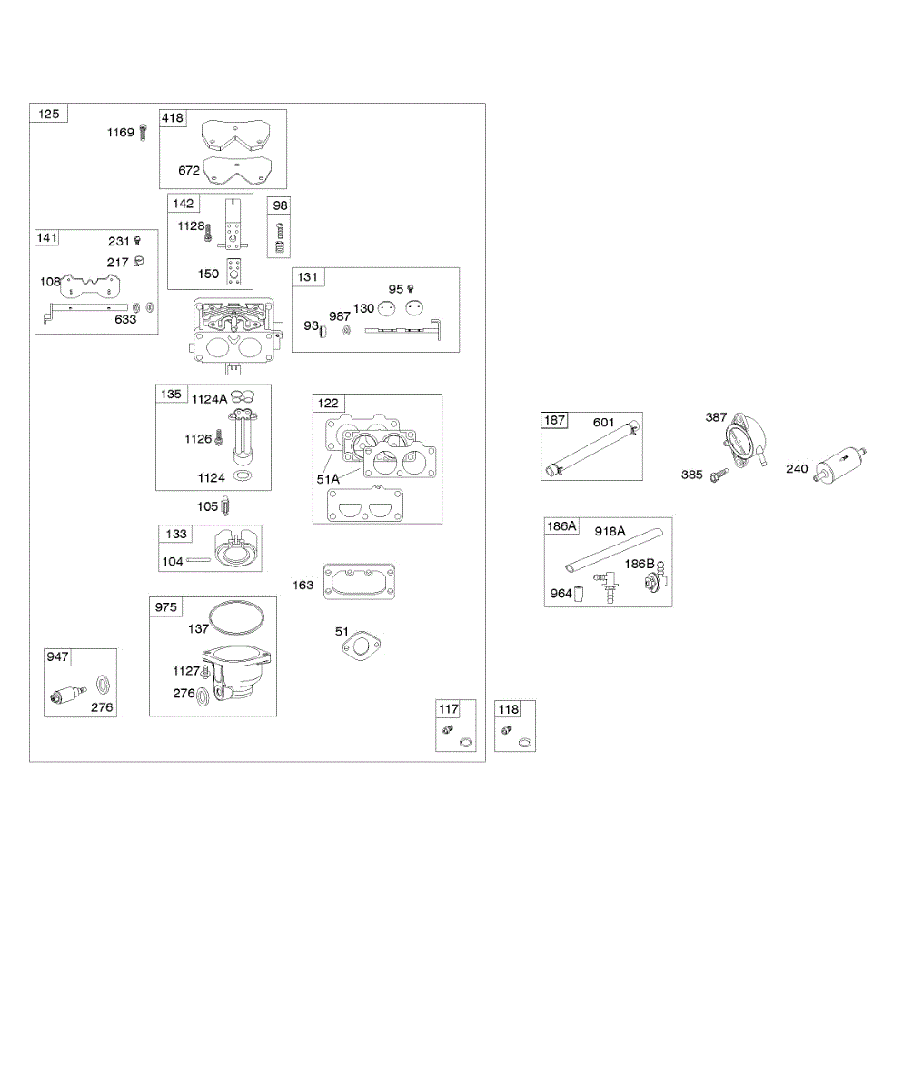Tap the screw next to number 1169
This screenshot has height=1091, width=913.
[x=143, y=133]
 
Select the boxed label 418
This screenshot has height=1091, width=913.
[x=173, y=118]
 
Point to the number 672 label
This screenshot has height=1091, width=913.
[x=188, y=170]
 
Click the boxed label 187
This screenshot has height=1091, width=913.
[x=554, y=421]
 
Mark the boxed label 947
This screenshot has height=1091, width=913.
[x=58, y=657]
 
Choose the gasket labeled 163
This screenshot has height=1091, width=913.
[x=359, y=583]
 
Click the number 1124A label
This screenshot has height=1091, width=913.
[x=209, y=397]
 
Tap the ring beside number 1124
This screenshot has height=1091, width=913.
[x=243, y=476]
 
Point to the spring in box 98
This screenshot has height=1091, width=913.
[x=281, y=246]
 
